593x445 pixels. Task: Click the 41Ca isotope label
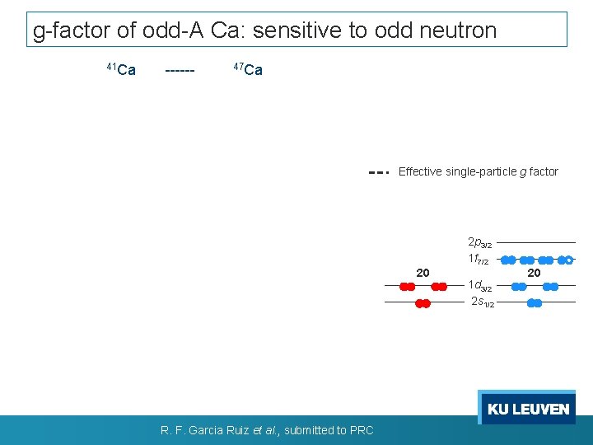click(121, 69)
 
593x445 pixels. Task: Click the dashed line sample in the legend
click(378, 172)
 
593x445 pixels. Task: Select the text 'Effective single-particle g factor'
click(478, 172)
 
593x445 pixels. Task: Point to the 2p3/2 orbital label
click(479, 243)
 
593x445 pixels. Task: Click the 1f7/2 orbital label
click(479, 259)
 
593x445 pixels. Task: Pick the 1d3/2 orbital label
click(479, 286)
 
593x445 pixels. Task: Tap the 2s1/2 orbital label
click(482, 302)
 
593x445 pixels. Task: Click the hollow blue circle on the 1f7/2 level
click(569, 260)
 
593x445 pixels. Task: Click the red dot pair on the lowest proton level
click(423, 303)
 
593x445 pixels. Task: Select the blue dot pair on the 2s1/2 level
click(534, 303)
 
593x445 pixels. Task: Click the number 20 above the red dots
click(423, 273)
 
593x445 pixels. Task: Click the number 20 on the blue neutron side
click(534, 273)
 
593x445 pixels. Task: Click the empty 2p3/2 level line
click(536, 243)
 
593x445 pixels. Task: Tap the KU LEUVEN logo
click(527, 409)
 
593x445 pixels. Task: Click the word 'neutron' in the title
click(460, 30)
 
